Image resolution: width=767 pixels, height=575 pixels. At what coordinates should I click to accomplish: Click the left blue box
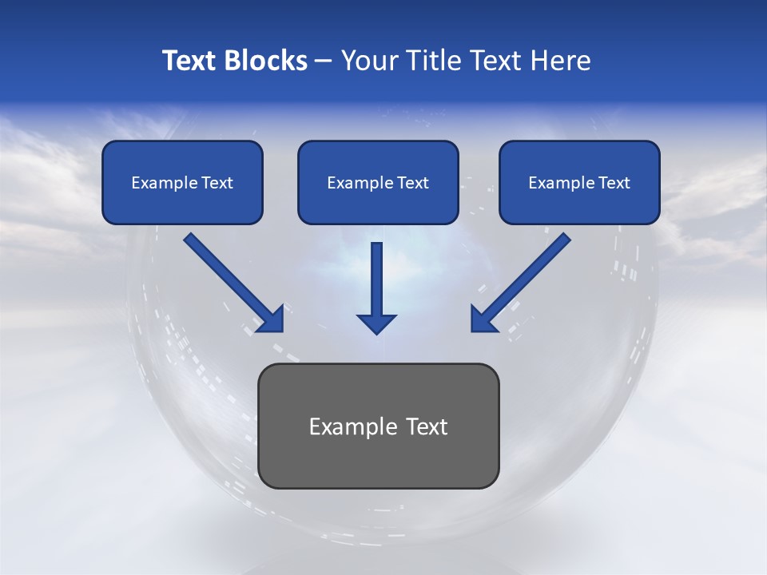pyautogui.click(x=182, y=182)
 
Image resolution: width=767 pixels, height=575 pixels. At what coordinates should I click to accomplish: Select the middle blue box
pyautogui.click(x=378, y=182)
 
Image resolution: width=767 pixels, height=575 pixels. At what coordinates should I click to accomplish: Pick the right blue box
pyautogui.click(x=579, y=182)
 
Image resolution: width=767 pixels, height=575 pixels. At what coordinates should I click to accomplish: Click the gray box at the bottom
pyautogui.click(x=378, y=426)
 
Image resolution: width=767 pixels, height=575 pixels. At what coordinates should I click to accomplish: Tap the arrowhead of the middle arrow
pyautogui.click(x=376, y=323)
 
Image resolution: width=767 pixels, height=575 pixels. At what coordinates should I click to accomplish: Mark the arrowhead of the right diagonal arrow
pyautogui.click(x=483, y=319)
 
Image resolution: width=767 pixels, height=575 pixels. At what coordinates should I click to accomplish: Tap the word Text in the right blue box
pyautogui.click(x=614, y=183)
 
